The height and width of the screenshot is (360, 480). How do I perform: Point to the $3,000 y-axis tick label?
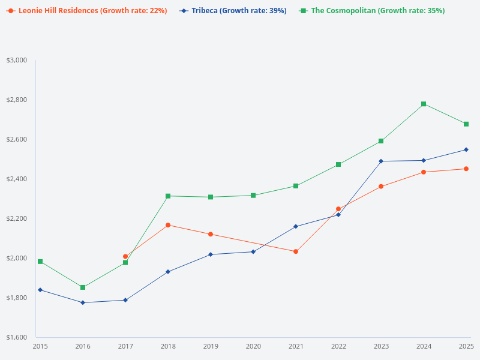click(17, 60)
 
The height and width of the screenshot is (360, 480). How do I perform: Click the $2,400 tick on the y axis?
click(17, 179)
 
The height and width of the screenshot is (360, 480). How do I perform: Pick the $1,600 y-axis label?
click(17, 337)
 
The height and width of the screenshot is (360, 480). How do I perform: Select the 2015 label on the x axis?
click(40, 346)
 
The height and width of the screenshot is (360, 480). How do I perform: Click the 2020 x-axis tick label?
click(253, 346)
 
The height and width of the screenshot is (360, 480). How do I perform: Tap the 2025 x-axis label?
click(466, 346)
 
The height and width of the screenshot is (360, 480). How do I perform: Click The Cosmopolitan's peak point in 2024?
click(424, 104)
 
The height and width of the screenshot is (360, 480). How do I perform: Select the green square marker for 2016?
click(83, 287)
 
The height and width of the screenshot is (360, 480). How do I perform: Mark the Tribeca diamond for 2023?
click(381, 161)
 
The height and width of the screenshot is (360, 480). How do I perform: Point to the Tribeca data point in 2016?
click(83, 302)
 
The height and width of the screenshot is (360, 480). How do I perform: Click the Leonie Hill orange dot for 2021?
click(296, 251)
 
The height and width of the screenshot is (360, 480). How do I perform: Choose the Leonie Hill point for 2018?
click(168, 225)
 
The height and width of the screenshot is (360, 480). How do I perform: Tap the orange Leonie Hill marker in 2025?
click(466, 169)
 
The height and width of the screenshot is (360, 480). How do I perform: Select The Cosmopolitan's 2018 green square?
click(168, 196)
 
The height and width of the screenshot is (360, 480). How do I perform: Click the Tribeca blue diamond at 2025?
click(466, 149)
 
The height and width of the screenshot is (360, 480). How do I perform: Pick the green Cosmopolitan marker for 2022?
click(338, 164)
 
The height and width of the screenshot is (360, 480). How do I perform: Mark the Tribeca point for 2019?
click(211, 254)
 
